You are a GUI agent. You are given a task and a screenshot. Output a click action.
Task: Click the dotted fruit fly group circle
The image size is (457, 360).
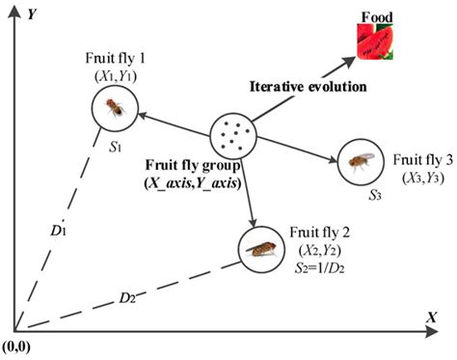point(233,135)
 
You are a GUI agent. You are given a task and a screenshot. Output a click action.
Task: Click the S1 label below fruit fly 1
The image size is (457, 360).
point(115,148)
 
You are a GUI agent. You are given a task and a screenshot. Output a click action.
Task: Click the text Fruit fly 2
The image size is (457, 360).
point(314,232)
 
